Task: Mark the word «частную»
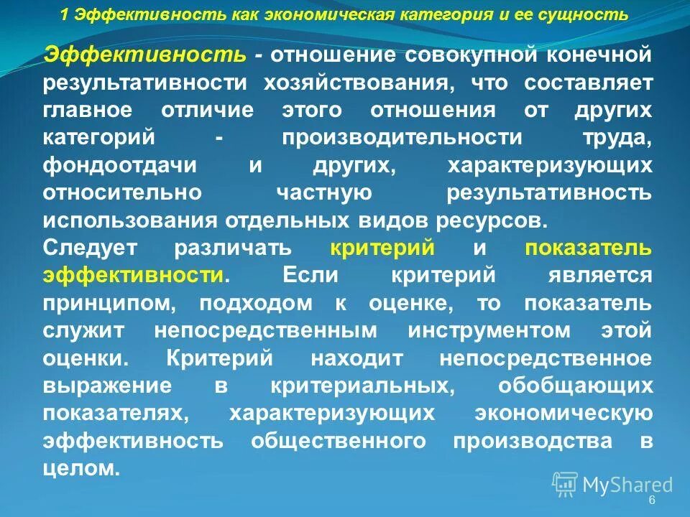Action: (324, 193)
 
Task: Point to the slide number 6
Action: (652, 500)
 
